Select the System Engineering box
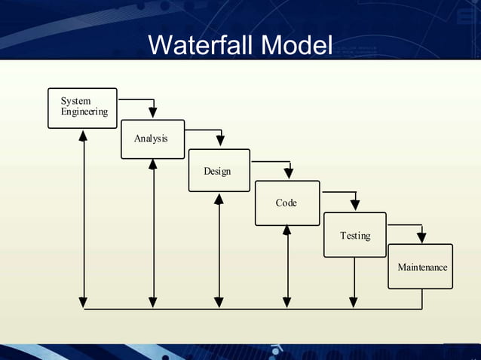tap(83, 108)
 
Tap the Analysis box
tap(152, 139)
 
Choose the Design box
tap(219, 170)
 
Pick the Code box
tap(286, 203)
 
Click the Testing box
tap(354, 235)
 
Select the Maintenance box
tap(421, 267)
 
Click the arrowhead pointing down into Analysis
tap(152, 113)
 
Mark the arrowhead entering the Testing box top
tap(354, 206)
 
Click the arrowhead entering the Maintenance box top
tap(421, 237)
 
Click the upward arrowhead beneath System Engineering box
tap(84, 136)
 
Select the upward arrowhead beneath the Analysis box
tap(152, 165)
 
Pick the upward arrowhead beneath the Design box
tap(219, 198)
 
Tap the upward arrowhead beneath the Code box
tap(286, 230)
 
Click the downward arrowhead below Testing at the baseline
tap(354, 302)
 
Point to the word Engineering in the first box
tap(84, 112)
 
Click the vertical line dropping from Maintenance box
tap(421, 299)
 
